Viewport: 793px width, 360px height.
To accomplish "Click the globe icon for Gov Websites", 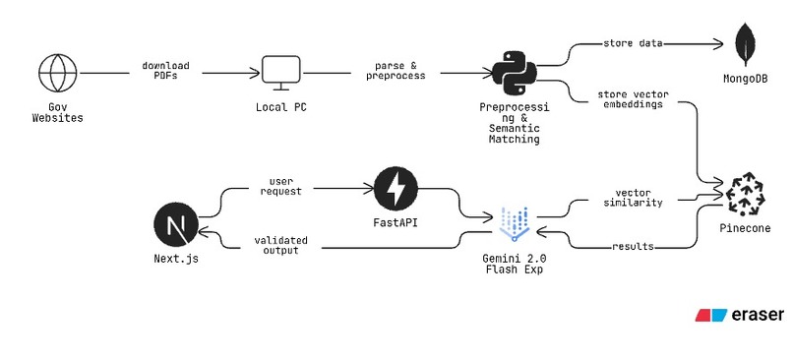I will [x=56, y=72].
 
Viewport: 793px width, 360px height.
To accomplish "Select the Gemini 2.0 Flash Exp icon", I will [x=515, y=223].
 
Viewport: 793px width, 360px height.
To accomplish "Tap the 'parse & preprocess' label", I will [x=397, y=72].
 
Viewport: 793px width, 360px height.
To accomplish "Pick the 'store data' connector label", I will [x=632, y=43].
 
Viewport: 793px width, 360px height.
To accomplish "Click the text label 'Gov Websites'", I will [x=56, y=113].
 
